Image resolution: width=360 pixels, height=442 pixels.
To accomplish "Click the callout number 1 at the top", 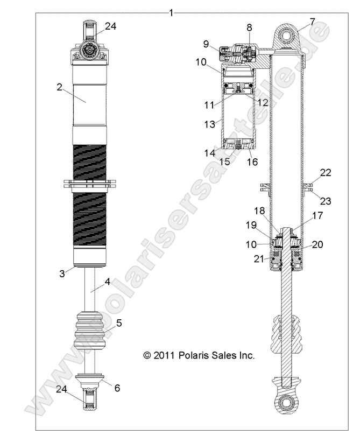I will click(x=171, y=12).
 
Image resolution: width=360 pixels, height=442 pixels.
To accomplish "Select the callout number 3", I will click(x=62, y=273).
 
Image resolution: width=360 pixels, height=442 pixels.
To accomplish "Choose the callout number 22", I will click(x=325, y=173).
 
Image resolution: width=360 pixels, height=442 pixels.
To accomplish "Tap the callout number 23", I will click(x=326, y=201).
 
